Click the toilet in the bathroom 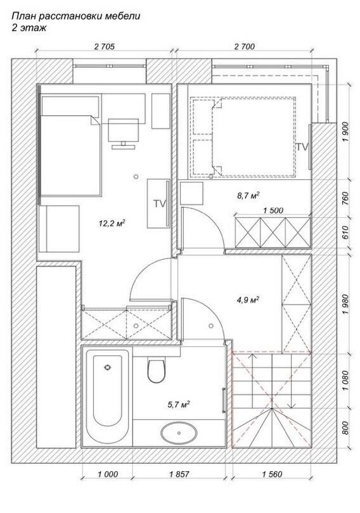pyautogui.click(x=156, y=370)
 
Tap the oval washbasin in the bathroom pyautogui.click(x=179, y=433)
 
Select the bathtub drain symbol pyautogui.click(x=107, y=367)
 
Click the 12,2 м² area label pyautogui.click(x=112, y=224)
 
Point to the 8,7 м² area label pyautogui.click(x=248, y=196)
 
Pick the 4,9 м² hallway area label pyautogui.click(x=248, y=300)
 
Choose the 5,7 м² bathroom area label pyautogui.click(x=179, y=405)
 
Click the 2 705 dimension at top pyautogui.click(x=105, y=47)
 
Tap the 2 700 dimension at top pyautogui.click(x=245, y=47)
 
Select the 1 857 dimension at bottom pyautogui.click(x=179, y=474)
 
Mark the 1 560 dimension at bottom pyautogui.click(x=272, y=474)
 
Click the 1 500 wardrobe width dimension pyautogui.click(x=273, y=210)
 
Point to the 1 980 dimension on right pyautogui.click(x=345, y=304)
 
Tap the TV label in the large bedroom pyautogui.click(x=160, y=203)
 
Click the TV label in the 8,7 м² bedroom pyautogui.click(x=302, y=147)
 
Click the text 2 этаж pyautogui.click(x=29, y=28)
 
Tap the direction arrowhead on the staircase pyautogui.click(x=293, y=406)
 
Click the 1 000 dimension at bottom pyautogui.click(x=107, y=474)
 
